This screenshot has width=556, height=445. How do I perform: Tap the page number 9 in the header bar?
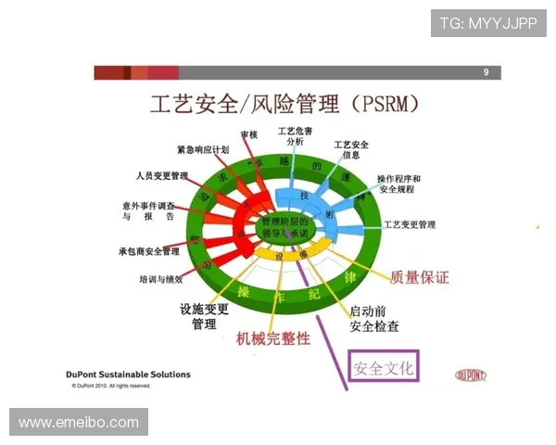tap(486, 73)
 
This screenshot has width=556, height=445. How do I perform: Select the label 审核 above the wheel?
tap(248, 135)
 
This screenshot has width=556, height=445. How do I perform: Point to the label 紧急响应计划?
tap(203, 150)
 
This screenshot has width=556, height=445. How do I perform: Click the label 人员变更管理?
tap(162, 175)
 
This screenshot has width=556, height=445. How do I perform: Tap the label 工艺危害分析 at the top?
tap(295, 136)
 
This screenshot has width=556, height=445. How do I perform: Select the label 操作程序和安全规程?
tap(398, 184)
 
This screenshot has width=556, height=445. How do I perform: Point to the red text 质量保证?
tap(420, 276)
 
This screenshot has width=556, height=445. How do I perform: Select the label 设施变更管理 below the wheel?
tap(204, 317)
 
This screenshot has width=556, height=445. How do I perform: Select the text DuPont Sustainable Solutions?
tap(129, 375)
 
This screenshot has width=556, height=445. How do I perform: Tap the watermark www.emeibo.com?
tap(79, 423)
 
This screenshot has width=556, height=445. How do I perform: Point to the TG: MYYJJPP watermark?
tap(488, 23)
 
